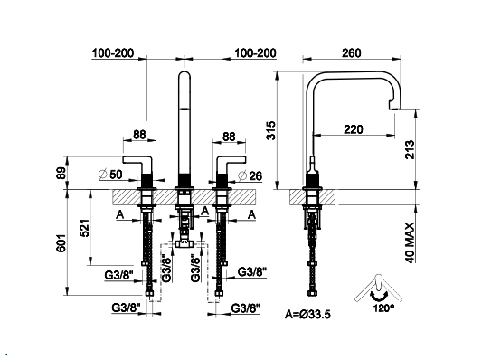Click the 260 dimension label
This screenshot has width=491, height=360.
pyautogui.click(x=351, y=53)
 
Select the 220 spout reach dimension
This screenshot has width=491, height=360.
pyautogui.click(x=354, y=129)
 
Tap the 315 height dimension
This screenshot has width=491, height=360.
pyautogui.click(x=271, y=130)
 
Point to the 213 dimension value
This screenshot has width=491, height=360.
pyautogui.click(x=410, y=150)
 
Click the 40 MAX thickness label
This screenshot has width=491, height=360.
pyautogui.click(x=410, y=242)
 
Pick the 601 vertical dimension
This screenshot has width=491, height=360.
pyautogui.click(x=61, y=242)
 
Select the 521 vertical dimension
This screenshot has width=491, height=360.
pyautogui.click(x=84, y=228)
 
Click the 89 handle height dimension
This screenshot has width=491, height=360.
pyautogui.click(x=61, y=173)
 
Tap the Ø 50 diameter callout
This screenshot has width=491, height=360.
pyautogui.click(x=110, y=175)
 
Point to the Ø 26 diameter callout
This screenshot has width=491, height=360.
pyautogui.click(x=250, y=175)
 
